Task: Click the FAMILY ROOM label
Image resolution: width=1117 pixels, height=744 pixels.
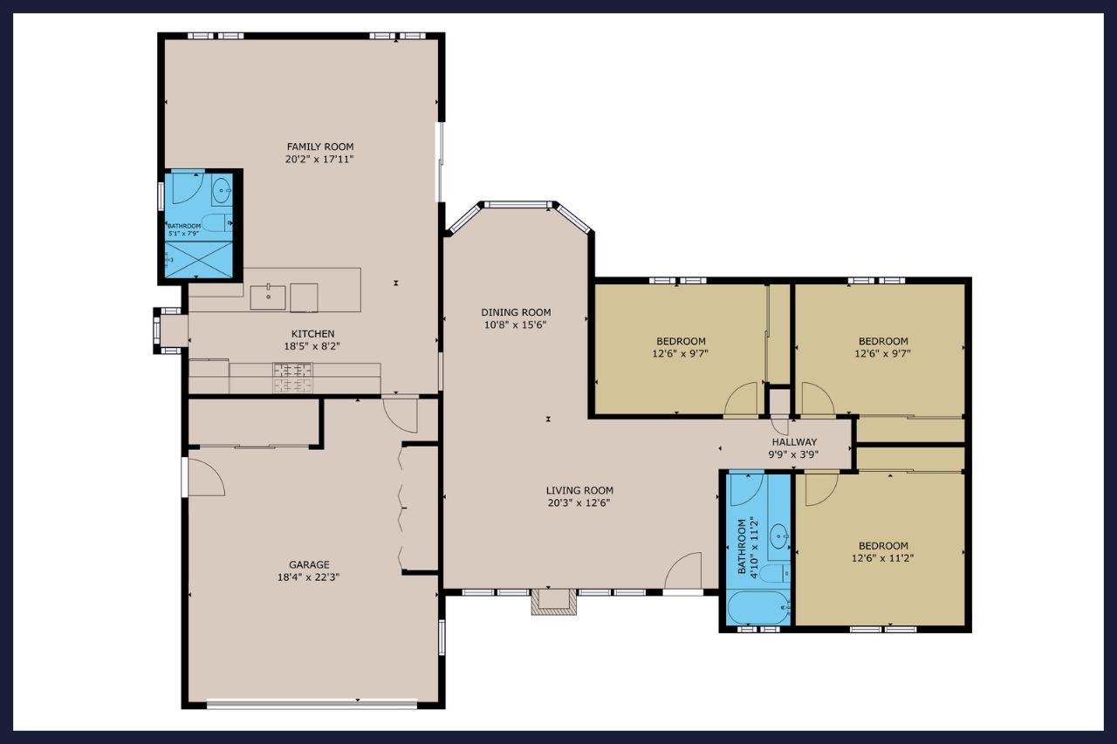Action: [320, 147]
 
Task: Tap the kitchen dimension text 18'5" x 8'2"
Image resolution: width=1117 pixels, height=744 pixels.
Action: [312, 346]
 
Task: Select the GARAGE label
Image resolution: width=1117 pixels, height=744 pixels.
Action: [309, 564]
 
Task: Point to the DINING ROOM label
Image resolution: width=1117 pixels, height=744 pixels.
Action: [516, 312]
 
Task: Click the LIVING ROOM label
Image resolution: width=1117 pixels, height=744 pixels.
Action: [579, 490]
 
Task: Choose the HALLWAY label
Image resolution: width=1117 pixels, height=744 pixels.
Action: [794, 442]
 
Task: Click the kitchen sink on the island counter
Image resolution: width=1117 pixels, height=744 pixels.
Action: [268, 297]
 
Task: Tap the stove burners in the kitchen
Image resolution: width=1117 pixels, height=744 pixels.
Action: [292, 377]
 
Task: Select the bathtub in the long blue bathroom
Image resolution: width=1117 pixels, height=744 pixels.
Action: [758, 607]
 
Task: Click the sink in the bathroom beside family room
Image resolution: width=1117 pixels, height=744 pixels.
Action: [222, 190]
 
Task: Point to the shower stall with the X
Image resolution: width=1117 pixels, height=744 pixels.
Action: [199, 260]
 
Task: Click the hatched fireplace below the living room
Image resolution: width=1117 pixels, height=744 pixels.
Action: [553, 602]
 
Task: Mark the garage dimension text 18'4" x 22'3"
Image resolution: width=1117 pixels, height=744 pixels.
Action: [309, 577]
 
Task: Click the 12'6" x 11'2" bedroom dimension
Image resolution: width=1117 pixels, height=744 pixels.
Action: [882, 558]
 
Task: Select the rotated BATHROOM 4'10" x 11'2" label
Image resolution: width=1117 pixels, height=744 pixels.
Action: [747, 548]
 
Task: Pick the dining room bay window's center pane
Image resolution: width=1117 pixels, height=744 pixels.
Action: [518, 204]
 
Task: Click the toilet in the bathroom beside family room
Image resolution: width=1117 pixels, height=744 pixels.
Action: [217, 222]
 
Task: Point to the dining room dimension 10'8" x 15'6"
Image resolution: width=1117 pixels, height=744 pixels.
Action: [516, 325]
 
